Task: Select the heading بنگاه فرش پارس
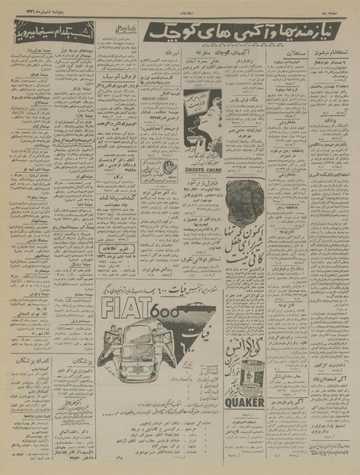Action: point(243,105)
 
